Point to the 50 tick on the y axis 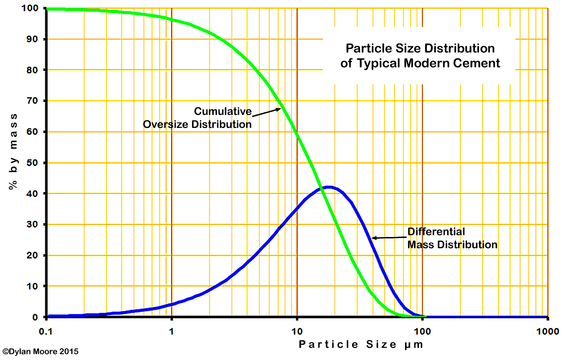coord(36,162)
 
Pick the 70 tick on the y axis coord(36,101)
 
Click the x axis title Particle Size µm coord(361,345)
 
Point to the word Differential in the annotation coord(436,232)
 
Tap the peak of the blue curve coord(329,187)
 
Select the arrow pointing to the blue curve coord(388,237)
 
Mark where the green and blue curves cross coord(321,189)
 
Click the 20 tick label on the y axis coord(36,255)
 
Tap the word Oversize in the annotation coord(165,124)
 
